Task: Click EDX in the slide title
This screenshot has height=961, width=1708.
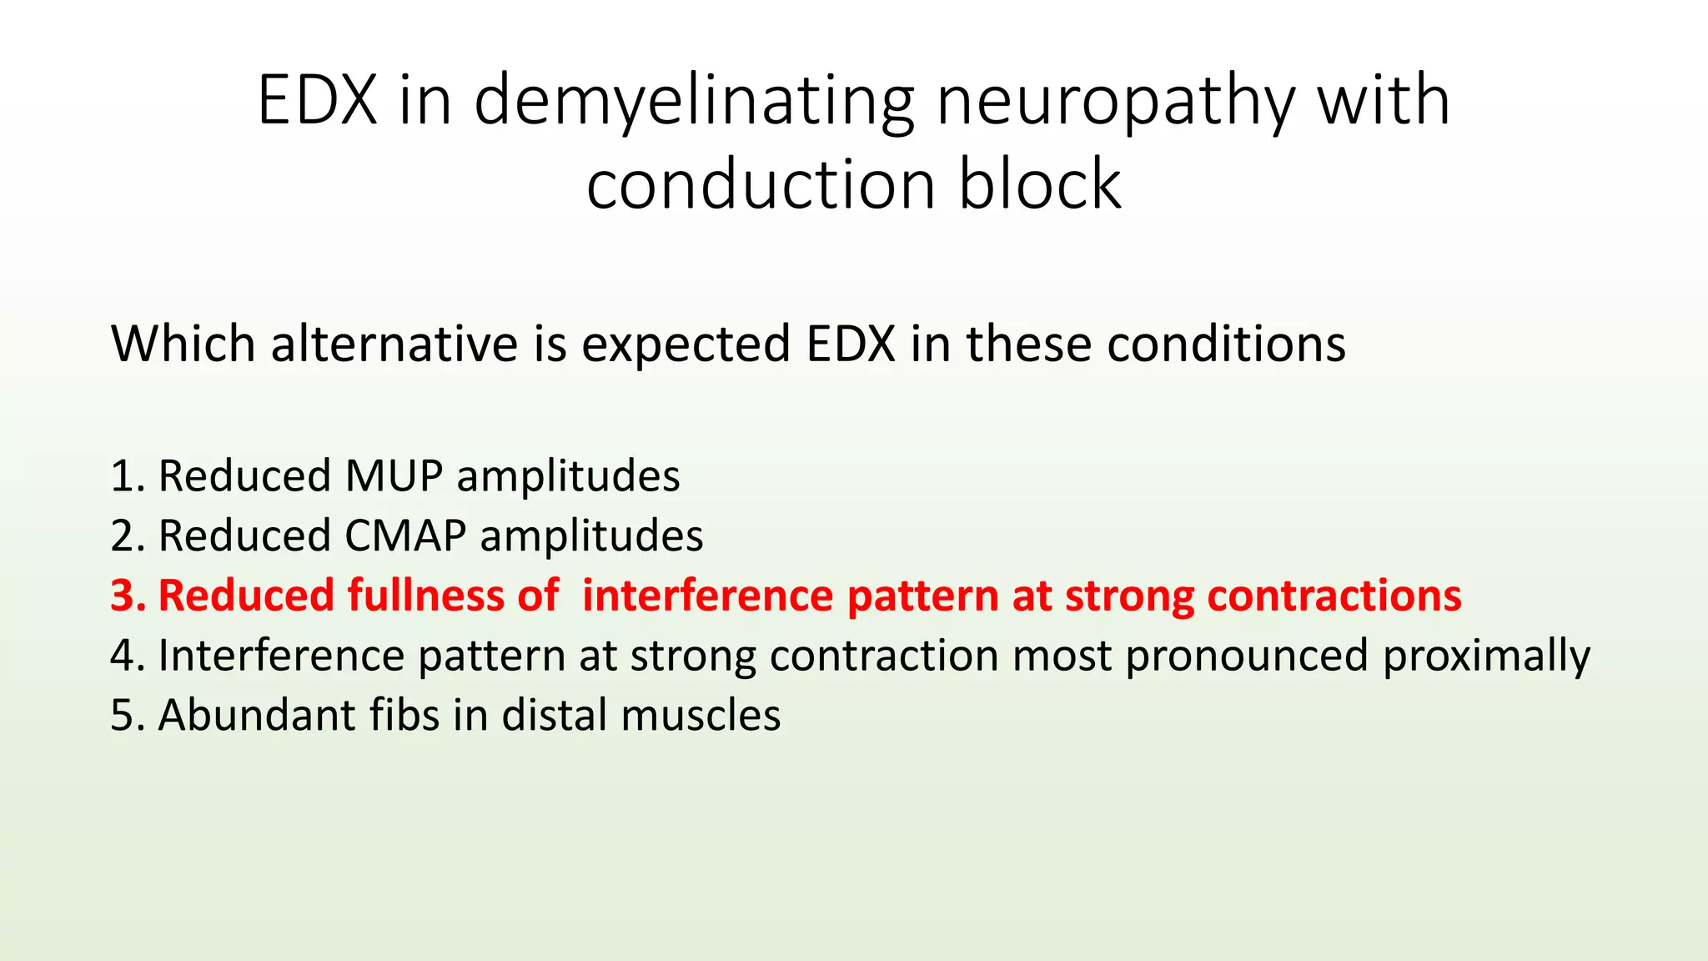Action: tap(317, 102)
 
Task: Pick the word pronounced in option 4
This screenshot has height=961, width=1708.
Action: tap(1246, 656)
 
